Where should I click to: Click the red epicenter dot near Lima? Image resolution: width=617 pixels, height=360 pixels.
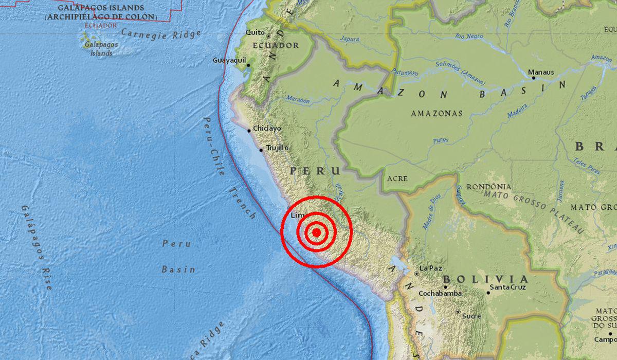click(x=317, y=232)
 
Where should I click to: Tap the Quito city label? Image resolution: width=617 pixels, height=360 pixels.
click(x=255, y=32)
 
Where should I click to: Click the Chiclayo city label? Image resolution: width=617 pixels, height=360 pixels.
click(x=267, y=129)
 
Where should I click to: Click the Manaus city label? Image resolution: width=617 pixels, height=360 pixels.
click(x=541, y=73)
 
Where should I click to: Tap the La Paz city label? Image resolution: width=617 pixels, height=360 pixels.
click(x=431, y=268)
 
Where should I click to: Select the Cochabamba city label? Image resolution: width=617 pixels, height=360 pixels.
click(x=440, y=293)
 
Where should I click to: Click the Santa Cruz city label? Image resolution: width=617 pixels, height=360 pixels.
click(x=508, y=287)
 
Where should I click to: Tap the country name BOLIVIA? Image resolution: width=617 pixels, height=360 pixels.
click(x=485, y=278)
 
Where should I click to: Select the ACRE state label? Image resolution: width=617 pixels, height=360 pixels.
click(x=397, y=178)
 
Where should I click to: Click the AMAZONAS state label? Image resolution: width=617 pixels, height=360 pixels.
click(x=437, y=114)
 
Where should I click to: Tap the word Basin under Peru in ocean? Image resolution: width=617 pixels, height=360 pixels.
click(x=178, y=269)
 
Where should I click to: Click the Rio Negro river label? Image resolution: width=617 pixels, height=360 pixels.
click(x=469, y=36)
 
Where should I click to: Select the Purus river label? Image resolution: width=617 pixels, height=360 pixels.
click(x=441, y=139)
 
